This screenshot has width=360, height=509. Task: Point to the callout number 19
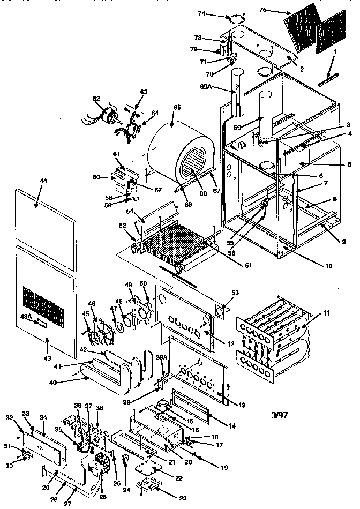coord(224,468)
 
